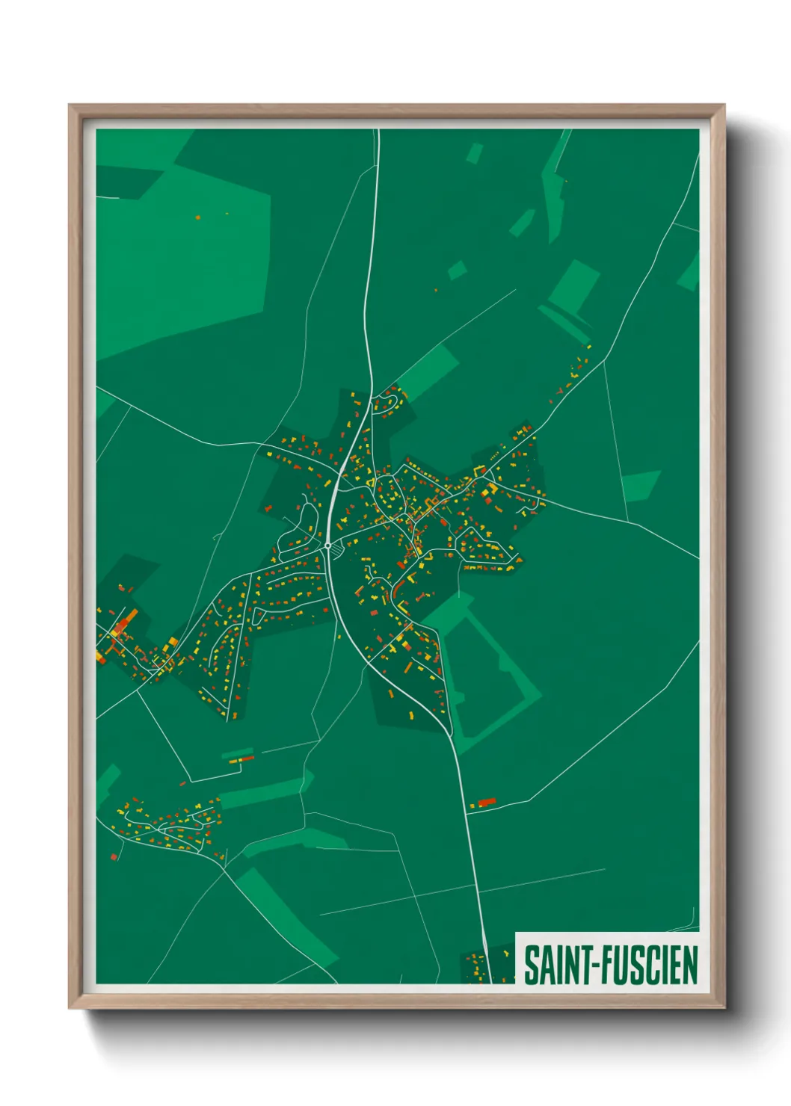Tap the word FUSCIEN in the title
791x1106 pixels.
(x=647, y=965)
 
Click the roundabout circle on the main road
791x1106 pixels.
(x=327, y=546)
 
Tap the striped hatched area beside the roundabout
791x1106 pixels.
(x=338, y=550)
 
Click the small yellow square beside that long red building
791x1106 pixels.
(x=473, y=806)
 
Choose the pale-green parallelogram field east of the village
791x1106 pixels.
(x=641, y=485)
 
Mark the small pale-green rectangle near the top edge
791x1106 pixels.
(x=474, y=154)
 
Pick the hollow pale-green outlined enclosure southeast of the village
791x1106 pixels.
(x=490, y=673)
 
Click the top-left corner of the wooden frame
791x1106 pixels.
(x=70, y=106)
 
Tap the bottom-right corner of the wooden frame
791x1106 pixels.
(x=724, y=1008)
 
